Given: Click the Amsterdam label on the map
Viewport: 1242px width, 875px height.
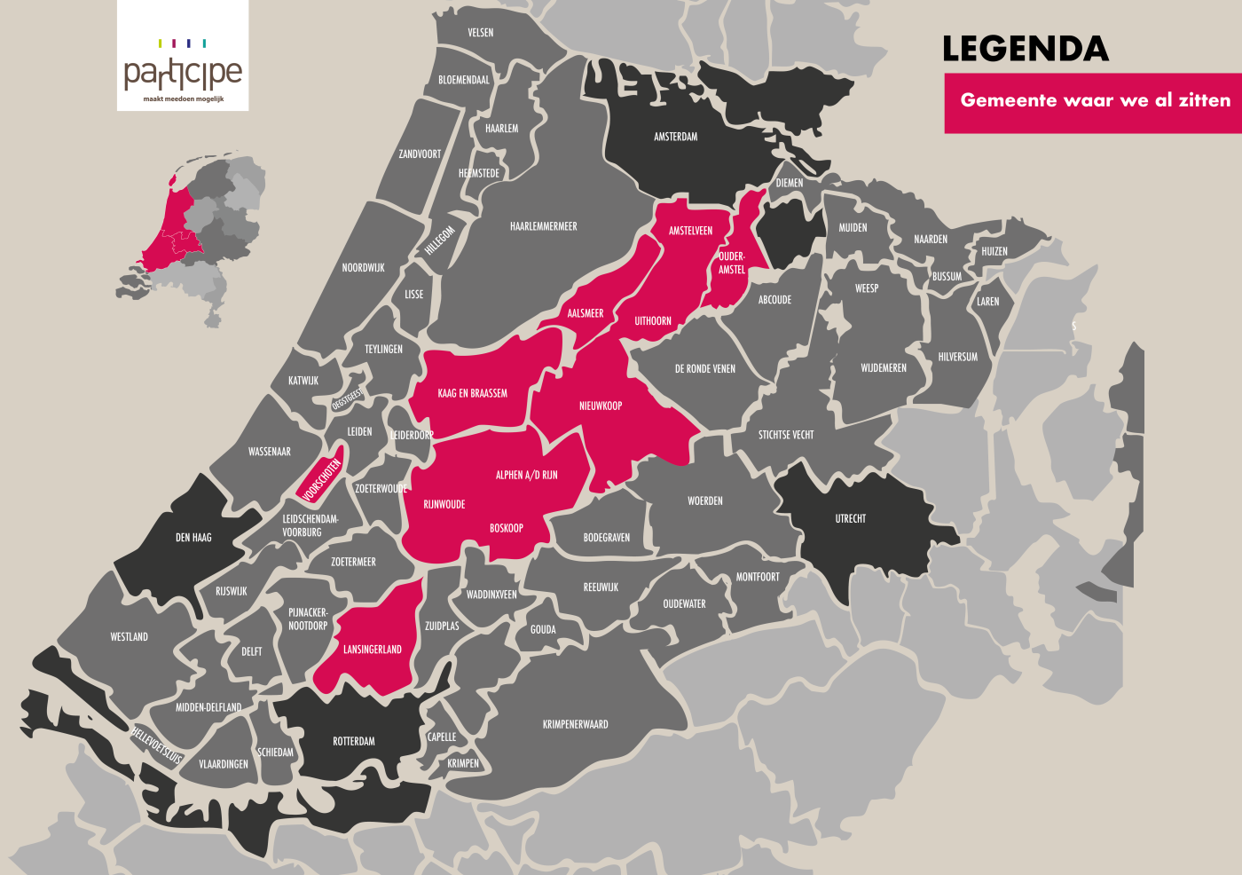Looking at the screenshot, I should tap(676, 137).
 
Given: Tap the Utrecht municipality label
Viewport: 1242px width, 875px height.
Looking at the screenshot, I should tap(850, 518).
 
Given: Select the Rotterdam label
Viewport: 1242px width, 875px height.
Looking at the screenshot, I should tap(354, 741).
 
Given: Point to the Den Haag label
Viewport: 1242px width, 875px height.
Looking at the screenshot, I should tap(193, 537).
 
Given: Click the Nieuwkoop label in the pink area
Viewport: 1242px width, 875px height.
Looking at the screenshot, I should tap(601, 406).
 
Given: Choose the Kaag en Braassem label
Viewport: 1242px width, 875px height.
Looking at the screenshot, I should tap(472, 393).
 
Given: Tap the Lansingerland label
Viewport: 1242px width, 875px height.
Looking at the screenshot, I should tap(373, 650).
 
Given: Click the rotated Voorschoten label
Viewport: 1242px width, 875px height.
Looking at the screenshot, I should tap(321, 480).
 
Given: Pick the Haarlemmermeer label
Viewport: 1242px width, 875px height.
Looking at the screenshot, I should tap(543, 226).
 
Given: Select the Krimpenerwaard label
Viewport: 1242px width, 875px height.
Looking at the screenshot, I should tap(575, 724).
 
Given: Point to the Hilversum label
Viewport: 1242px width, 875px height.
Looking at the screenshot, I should tap(958, 357).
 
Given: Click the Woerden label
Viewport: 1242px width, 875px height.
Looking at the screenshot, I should tap(705, 501).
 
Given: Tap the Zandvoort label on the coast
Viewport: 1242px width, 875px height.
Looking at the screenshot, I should tap(420, 154).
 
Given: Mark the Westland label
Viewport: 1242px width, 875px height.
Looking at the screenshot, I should tap(130, 636).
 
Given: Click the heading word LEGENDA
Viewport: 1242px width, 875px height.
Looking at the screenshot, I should tap(1026, 50).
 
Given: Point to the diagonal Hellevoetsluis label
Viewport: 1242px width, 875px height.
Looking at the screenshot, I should tap(157, 745).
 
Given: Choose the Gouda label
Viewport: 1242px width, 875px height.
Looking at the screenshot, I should tap(543, 629).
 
